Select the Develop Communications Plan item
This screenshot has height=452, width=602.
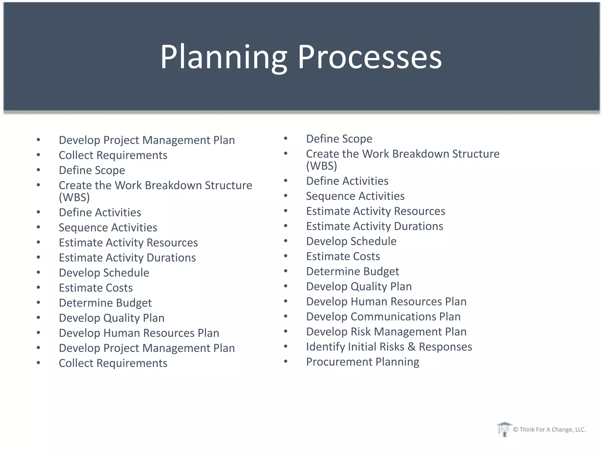(383, 317)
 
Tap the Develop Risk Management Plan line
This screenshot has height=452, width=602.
(386, 332)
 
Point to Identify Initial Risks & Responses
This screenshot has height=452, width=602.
(389, 347)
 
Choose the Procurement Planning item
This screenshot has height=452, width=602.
(362, 362)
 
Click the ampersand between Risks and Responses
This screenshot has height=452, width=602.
(411, 347)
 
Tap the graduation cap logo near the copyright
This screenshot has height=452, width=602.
(504, 429)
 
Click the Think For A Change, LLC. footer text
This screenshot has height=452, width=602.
(552, 430)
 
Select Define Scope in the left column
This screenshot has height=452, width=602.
(92, 170)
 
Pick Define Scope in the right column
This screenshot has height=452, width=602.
(339, 139)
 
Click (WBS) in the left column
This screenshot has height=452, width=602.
(74, 197)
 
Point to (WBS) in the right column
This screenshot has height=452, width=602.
(321, 166)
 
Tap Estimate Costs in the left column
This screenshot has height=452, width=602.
(96, 288)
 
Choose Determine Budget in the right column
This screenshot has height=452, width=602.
(352, 271)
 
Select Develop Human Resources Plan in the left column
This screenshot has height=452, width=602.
(139, 333)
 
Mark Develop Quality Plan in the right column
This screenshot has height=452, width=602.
(359, 287)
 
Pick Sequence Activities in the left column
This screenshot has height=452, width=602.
(108, 227)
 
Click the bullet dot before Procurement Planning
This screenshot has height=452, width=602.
(285, 361)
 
